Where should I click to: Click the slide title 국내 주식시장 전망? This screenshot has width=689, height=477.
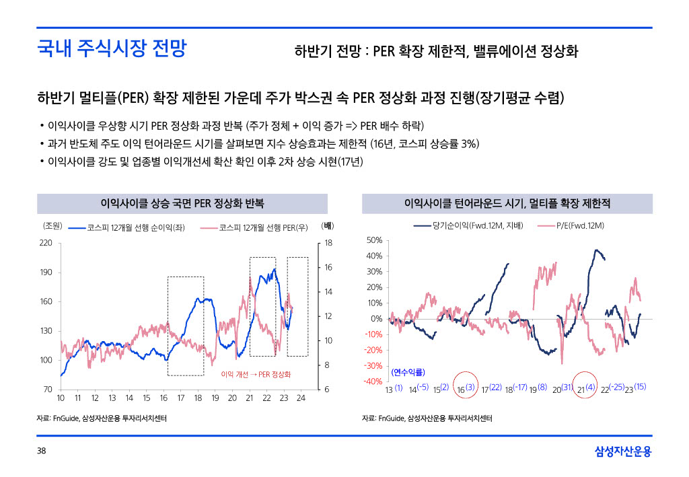pyautogui.click(x=112, y=49)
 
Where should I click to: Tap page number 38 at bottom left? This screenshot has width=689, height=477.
pyautogui.click(x=42, y=451)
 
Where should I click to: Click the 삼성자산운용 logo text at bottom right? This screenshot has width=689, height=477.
pyautogui.click(x=623, y=451)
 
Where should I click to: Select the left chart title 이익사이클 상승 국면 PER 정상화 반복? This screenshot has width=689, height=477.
pyautogui.click(x=182, y=203)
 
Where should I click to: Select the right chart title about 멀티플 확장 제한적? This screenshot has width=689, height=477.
pyautogui.click(x=507, y=203)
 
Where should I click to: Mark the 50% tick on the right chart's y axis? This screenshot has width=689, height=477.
pyautogui.click(x=374, y=240)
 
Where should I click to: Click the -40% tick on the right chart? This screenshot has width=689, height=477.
pyautogui.click(x=373, y=381)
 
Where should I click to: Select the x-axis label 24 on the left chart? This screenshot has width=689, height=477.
pyautogui.click(x=301, y=399)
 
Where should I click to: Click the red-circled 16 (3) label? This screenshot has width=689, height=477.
pyautogui.click(x=466, y=389)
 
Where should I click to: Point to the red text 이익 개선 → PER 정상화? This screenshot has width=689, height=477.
pyautogui.click(x=256, y=374)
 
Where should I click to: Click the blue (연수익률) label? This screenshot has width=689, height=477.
pyautogui.click(x=408, y=372)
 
